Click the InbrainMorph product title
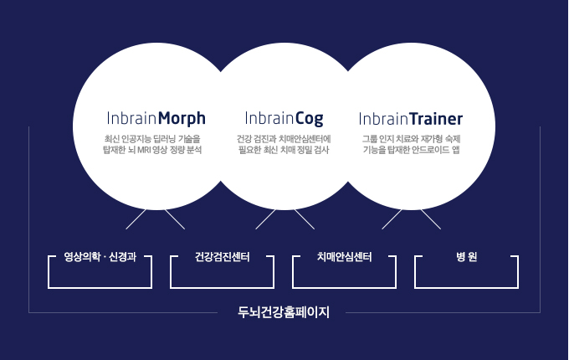(x=156, y=119)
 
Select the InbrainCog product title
(x=284, y=119)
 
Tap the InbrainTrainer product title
(x=410, y=119)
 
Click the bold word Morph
(x=182, y=119)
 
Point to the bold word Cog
(x=309, y=119)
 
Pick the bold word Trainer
(x=436, y=119)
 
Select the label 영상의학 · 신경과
(x=100, y=257)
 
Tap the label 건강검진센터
(x=222, y=257)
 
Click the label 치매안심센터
(x=345, y=257)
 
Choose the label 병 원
(x=466, y=257)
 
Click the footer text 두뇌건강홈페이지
(x=284, y=312)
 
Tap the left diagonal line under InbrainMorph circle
(x=136, y=219)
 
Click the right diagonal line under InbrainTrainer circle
(x=431, y=219)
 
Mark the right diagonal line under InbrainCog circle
(x=305, y=219)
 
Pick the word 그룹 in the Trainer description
(x=369, y=139)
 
